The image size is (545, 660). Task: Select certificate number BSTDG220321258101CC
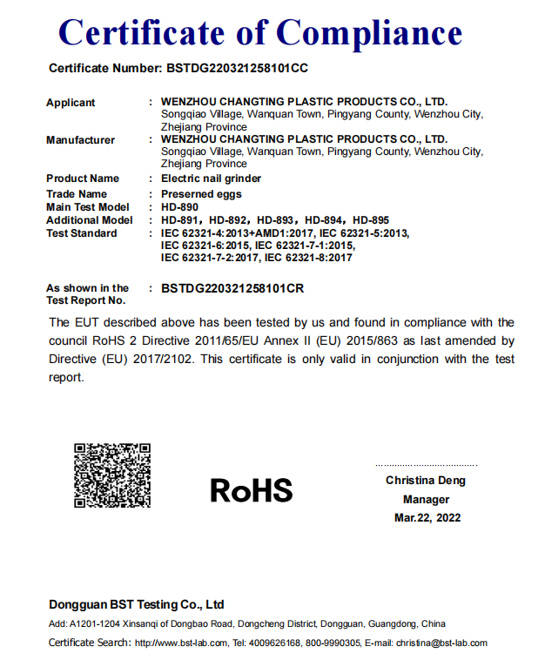click(237, 68)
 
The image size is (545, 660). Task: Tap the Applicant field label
click(71, 103)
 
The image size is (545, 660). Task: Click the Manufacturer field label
click(80, 140)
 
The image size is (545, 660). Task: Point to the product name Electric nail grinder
click(212, 178)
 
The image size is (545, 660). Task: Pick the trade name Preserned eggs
click(202, 194)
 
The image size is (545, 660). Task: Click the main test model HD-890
click(180, 207)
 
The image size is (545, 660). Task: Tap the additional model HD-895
click(371, 220)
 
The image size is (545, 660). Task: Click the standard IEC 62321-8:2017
click(308, 258)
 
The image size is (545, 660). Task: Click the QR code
click(112, 475)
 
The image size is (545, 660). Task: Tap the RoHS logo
click(252, 490)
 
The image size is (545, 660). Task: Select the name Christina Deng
click(426, 481)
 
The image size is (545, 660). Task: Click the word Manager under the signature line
click(426, 500)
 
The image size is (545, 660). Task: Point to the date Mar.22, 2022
click(427, 518)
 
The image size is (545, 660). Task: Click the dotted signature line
click(426, 466)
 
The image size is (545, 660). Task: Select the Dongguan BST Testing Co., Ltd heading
click(137, 604)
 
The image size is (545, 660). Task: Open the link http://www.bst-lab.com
click(181, 643)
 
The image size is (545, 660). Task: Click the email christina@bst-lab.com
click(441, 643)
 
